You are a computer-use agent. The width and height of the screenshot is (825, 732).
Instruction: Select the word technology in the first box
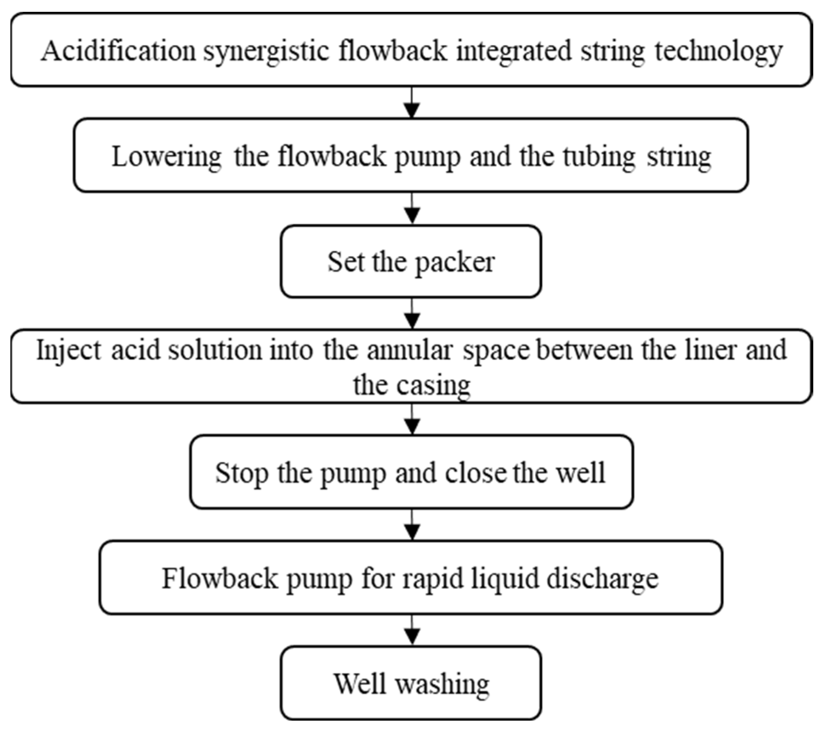pyautogui.click(x=718, y=51)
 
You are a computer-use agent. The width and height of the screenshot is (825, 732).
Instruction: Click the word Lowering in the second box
pyautogui.click(x=166, y=157)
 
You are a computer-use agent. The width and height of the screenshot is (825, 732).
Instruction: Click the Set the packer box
pyautogui.click(x=411, y=262)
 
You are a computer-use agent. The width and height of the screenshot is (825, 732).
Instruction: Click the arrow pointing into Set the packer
pyautogui.click(x=412, y=208)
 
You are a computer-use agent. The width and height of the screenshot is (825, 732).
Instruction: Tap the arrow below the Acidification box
pyautogui.click(x=412, y=103)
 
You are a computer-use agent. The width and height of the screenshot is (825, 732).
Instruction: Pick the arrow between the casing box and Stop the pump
pyautogui.click(x=412, y=419)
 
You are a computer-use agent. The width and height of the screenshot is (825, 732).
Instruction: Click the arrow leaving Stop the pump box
pyautogui.click(x=412, y=525)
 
